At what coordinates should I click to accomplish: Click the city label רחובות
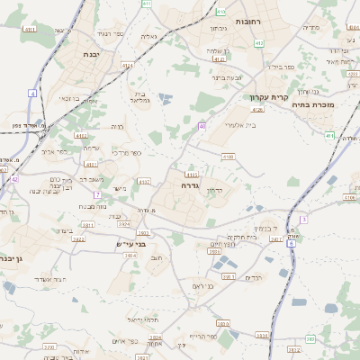coord(247,21)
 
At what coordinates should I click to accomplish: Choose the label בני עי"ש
coord(130,244)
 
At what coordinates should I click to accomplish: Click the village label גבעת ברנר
coord(229,77)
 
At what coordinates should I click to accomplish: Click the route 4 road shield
coord(33,93)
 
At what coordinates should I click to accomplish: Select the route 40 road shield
coord(202,126)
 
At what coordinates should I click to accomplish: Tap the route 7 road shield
coord(96,194)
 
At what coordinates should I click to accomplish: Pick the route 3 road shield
coord(304,219)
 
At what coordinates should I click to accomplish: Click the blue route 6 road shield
coord(291,243)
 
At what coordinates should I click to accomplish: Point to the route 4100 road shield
coord(228,156)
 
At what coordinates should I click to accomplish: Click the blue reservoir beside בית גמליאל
coord(165,98)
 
